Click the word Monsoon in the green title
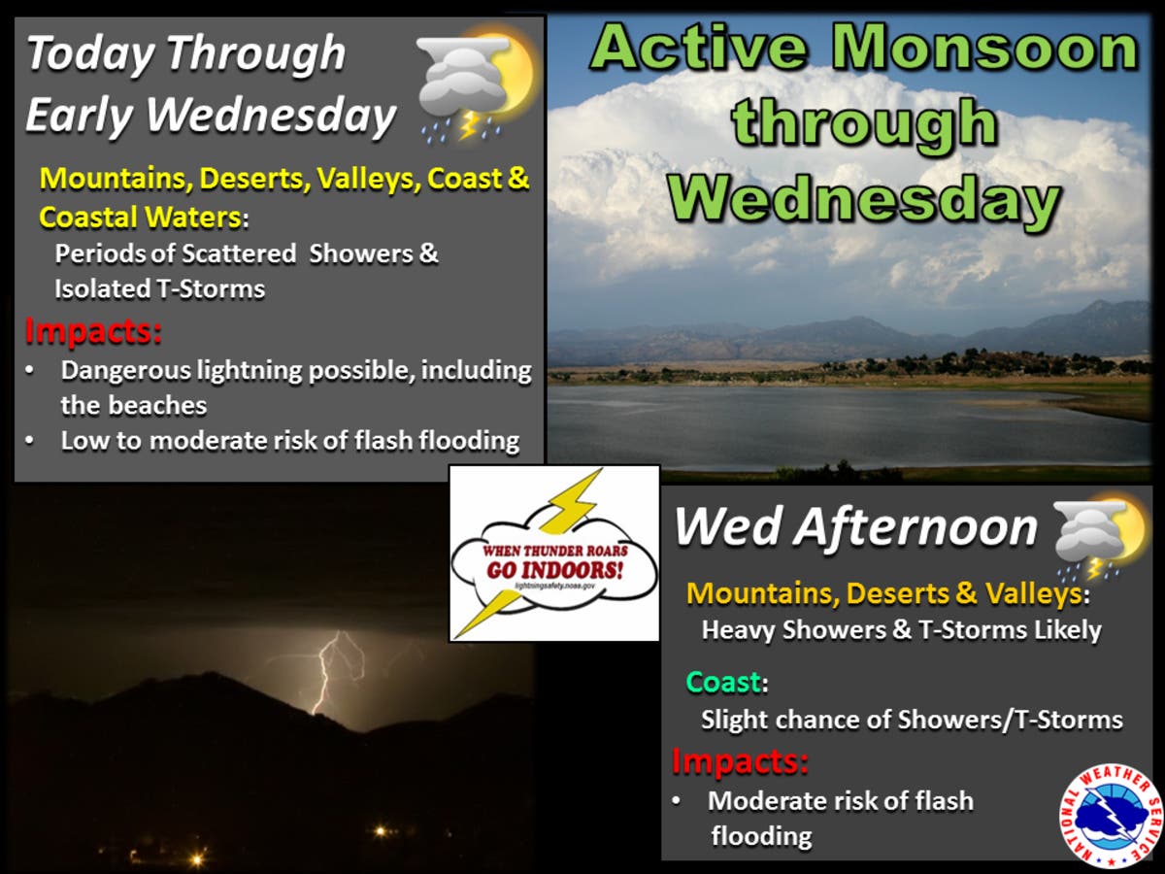(x=983, y=48)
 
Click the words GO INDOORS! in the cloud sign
(x=555, y=570)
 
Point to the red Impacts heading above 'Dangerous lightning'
(x=93, y=330)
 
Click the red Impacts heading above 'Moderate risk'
(x=740, y=761)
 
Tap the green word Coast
(x=724, y=682)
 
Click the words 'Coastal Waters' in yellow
(x=140, y=217)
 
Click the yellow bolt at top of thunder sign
(x=571, y=501)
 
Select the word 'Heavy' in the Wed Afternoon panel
(x=738, y=630)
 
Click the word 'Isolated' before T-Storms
(x=103, y=289)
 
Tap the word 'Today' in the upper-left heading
(x=90, y=54)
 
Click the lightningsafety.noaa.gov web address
(x=554, y=586)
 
